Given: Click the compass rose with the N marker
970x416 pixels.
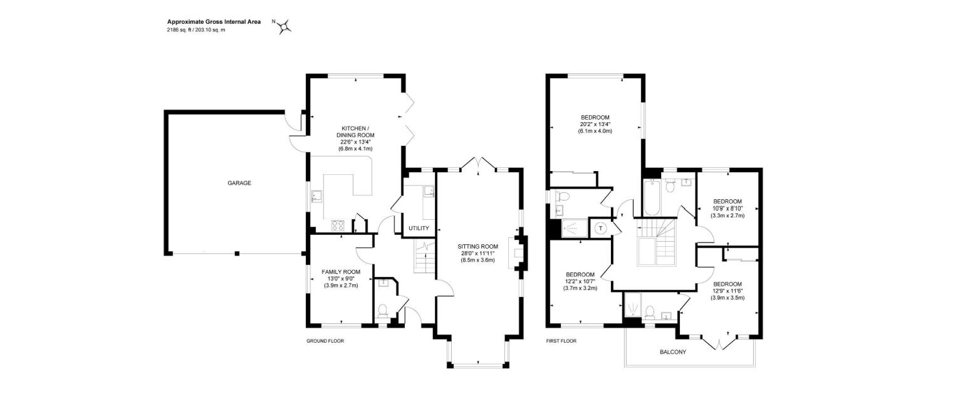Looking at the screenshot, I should coord(284,26).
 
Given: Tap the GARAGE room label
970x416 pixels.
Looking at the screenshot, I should coord(239,183).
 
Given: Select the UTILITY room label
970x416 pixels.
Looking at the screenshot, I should coord(419,229).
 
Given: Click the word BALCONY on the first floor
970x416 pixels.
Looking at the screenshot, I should coord(672,352).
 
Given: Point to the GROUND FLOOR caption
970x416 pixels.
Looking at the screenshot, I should coord(325,341).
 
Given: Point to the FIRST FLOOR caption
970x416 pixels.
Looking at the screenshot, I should coord(561,341).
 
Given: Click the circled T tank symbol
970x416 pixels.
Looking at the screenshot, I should coord(601,229).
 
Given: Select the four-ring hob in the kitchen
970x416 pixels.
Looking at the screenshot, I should coord(338,227).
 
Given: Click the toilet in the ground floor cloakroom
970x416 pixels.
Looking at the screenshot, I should coord(382,310).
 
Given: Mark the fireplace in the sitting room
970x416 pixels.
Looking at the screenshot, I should coord(518,252).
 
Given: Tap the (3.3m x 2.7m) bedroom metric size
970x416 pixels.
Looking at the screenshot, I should coord(727,216).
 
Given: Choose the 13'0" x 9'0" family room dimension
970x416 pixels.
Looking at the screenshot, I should coord(341,279).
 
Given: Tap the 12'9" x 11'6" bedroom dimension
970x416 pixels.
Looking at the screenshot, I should coord(727,291).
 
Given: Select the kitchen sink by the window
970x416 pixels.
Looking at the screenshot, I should coord(316,199).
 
